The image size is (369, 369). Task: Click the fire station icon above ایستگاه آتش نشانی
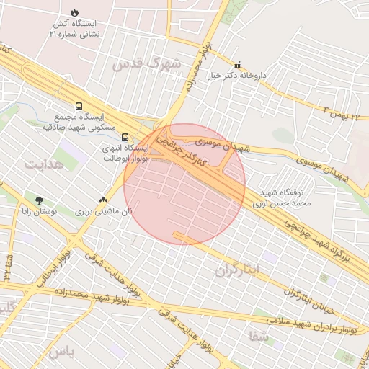(x=76, y=12)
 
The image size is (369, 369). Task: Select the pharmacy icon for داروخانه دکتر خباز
(x=238, y=65)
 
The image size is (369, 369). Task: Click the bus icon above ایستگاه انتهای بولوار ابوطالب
(x=125, y=136)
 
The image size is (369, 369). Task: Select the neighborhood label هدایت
(x=44, y=164)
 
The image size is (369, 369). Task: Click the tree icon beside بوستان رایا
(x=39, y=201)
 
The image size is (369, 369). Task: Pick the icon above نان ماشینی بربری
(x=104, y=201)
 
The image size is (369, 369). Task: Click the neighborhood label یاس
(x=58, y=352)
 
